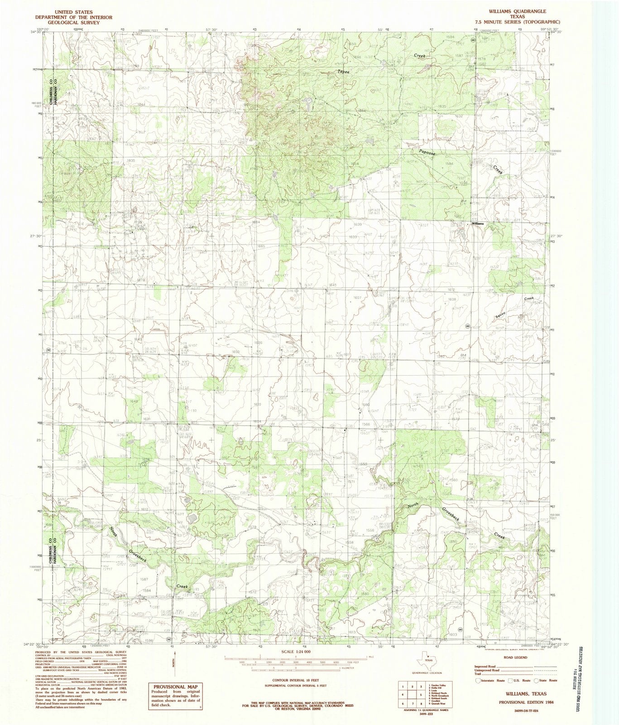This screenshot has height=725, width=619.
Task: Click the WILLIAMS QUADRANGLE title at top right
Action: point(523,11)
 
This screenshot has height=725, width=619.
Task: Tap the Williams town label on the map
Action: point(478,224)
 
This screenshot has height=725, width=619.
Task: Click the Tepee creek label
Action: point(343,72)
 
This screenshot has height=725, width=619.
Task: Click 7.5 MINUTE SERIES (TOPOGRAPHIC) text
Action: point(523,21)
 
